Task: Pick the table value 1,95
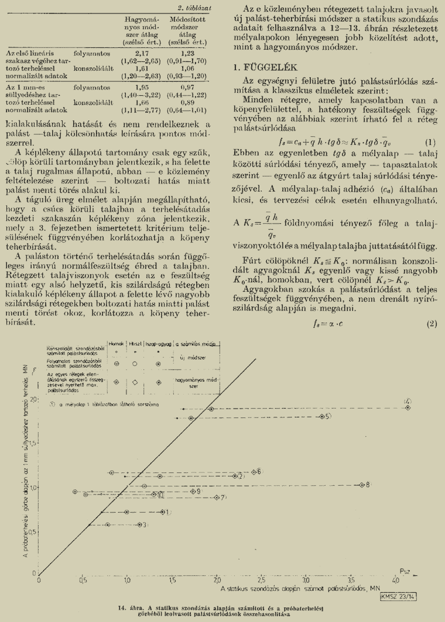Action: [x=135, y=87]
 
